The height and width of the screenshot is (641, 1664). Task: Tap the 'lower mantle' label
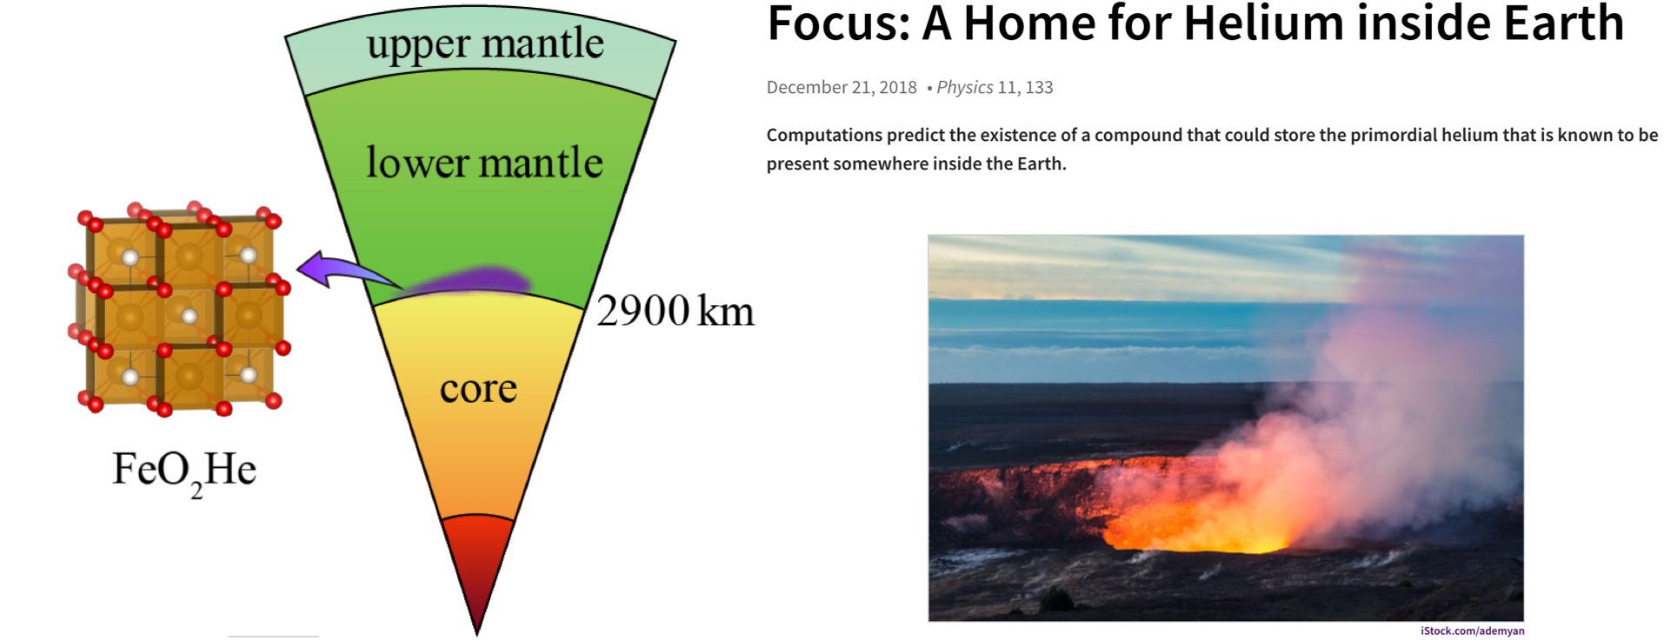484,163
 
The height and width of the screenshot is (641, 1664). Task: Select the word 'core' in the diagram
478,389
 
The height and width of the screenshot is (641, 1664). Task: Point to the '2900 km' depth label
676,311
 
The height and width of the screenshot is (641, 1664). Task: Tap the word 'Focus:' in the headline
838,23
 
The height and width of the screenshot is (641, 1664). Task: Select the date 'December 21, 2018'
842,88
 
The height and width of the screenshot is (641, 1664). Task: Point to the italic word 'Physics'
964,88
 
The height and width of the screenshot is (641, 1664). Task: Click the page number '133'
1039,88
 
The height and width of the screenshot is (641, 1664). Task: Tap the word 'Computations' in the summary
824,136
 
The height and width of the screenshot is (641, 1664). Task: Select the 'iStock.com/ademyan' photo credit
1473,631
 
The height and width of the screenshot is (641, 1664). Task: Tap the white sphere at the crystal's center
190,317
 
